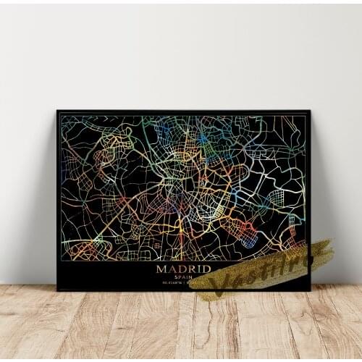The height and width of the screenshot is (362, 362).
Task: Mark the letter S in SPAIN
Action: pos(175,277)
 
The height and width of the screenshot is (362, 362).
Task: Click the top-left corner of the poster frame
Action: pos(57,111)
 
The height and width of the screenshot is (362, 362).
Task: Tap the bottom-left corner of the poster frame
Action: pos(57,290)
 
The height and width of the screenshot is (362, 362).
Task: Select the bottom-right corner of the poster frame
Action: pos(310,290)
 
